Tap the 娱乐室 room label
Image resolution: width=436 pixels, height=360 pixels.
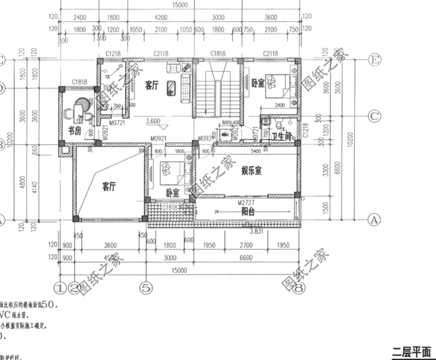pyautogui.click(x=252, y=171)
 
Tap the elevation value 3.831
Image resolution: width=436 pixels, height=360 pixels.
pyautogui.click(x=255, y=232)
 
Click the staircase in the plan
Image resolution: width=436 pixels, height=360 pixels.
pyautogui.click(x=217, y=94)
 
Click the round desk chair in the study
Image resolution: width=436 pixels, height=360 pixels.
pyautogui.click(x=81, y=107)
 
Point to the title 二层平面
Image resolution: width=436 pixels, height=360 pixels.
pyautogui.click(x=411, y=352)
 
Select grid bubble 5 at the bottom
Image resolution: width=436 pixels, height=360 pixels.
pyautogui.click(x=144, y=288)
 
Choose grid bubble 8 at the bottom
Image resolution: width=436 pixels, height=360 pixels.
pyautogui.click(x=299, y=288)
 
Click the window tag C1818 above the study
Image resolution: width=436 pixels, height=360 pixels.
pyautogui.click(x=80, y=83)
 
